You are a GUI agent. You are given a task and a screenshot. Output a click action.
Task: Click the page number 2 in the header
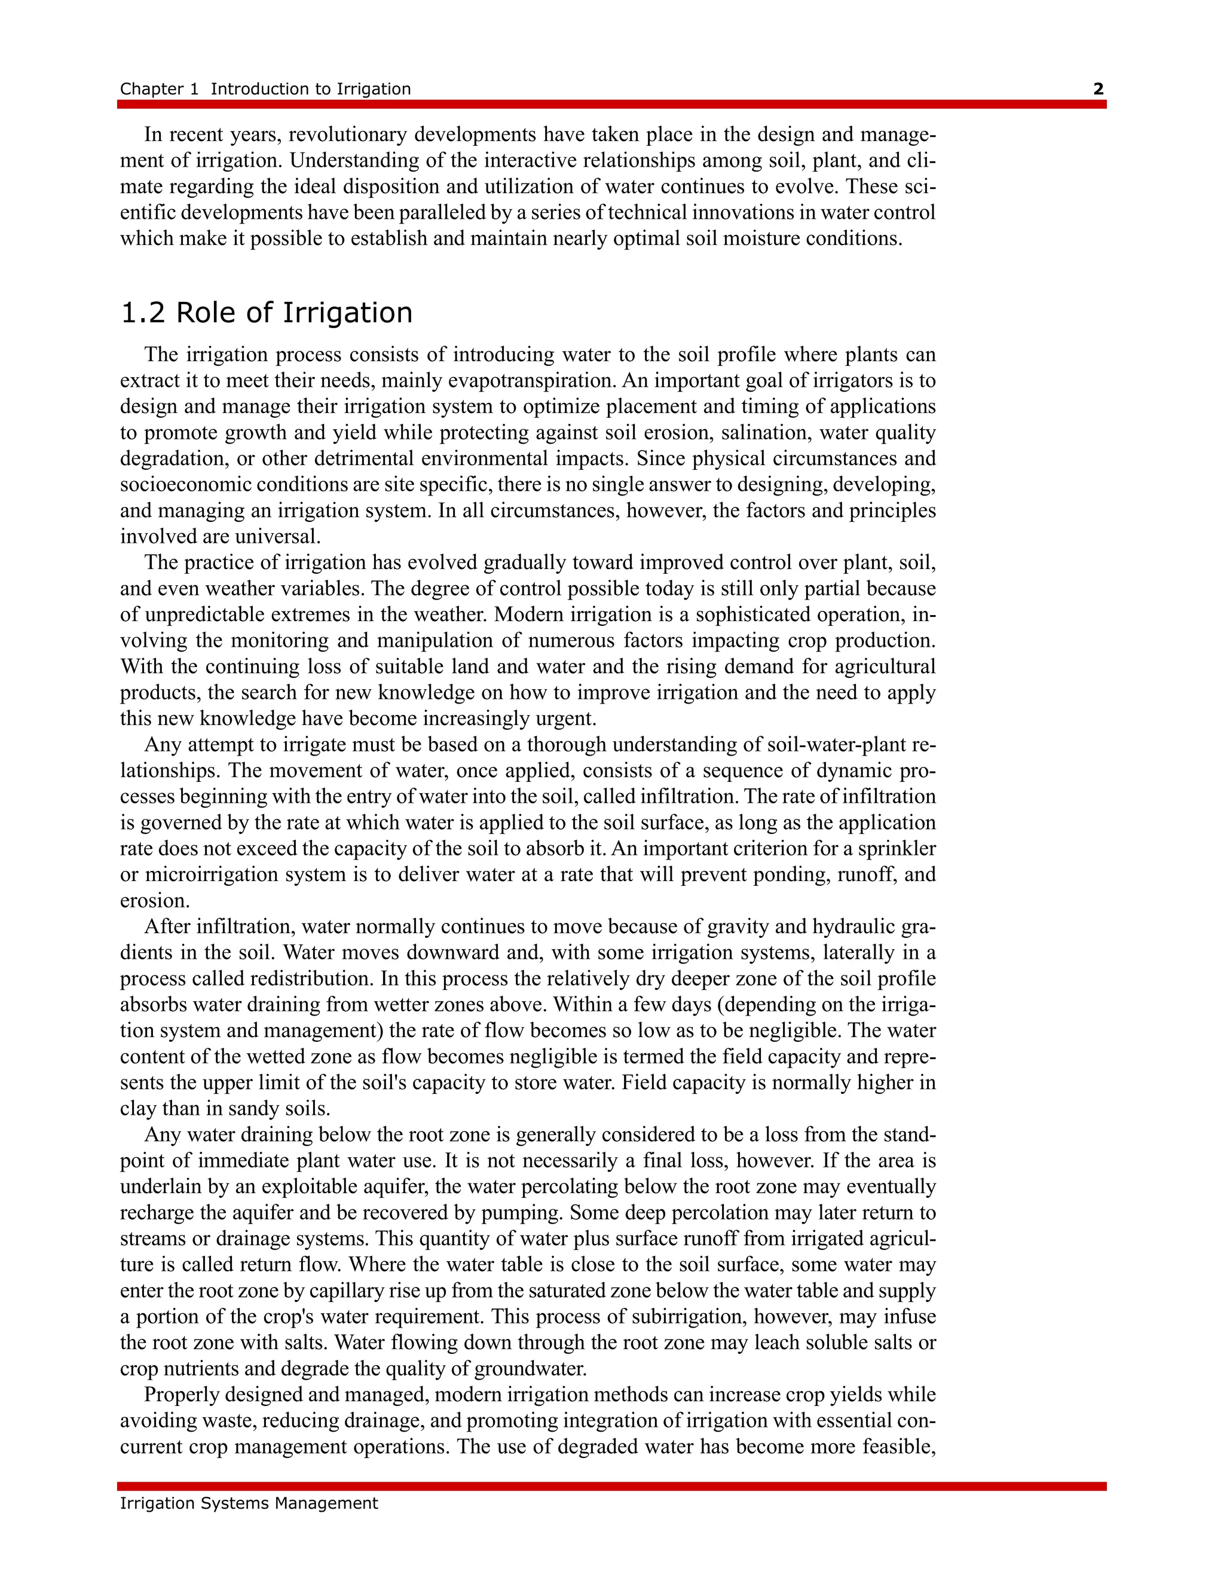[1098, 89]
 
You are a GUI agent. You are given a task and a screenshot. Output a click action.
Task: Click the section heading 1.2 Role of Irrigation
[266, 313]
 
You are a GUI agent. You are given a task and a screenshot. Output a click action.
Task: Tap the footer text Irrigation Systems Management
[249, 1503]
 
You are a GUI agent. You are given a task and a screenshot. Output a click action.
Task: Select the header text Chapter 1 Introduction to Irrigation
[265, 89]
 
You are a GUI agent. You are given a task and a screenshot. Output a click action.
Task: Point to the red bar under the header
[611, 105]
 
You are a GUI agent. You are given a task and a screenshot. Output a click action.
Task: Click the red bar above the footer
[611, 1486]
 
